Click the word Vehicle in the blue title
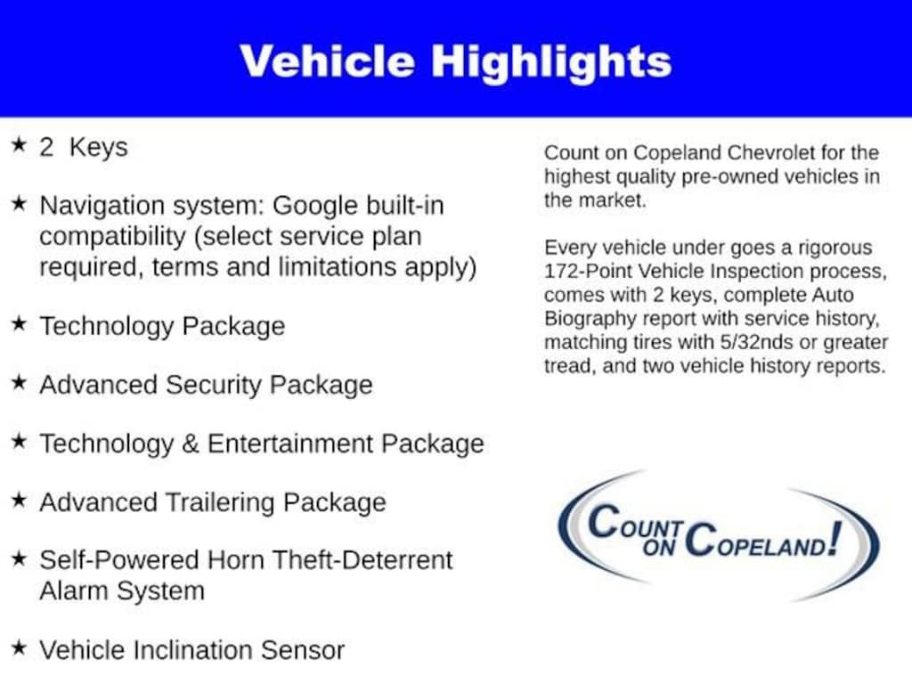[328, 61]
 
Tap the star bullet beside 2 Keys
[20, 143]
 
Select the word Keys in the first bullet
[98, 147]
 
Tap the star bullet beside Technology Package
[20, 322]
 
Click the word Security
[214, 385]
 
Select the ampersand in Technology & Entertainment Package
[191, 444]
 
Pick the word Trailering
[221, 502]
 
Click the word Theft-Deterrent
[362, 560]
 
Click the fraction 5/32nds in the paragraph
[756, 342]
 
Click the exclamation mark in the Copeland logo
[835, 538]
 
